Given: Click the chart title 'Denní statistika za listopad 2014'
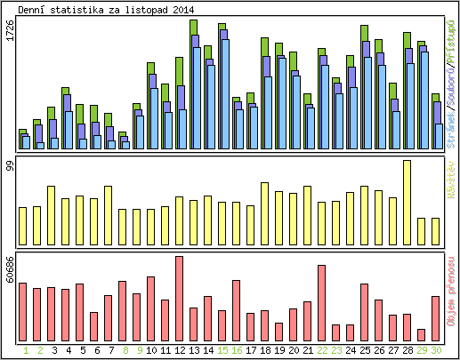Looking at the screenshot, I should click(x=108, y=10).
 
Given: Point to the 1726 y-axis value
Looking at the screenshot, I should click(x=10, y=35).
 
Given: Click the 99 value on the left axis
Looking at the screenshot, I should click(x=10, y=166).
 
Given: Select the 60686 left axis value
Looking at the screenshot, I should click(x=10, y=269).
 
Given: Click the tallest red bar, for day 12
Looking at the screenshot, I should click(x=180, y=299).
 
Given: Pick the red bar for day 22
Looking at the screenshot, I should click(x=322, y=303).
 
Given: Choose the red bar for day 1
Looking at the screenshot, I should click(x=23, y=312).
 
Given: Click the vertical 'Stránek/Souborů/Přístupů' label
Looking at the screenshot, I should click(x=451, y=84).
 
